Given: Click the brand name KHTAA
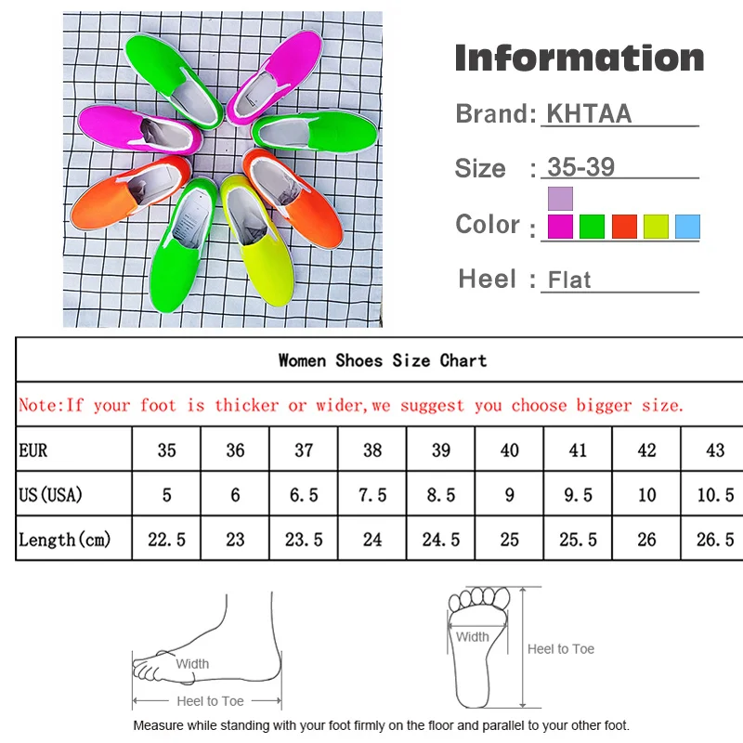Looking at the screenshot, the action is pos(589,113).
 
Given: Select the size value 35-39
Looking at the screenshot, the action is pos(581,167).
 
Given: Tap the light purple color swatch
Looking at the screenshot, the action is pos(560,198).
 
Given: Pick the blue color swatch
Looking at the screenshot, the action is pos(687,227).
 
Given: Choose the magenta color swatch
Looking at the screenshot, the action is pos(560,227).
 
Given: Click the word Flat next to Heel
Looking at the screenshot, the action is pos(569,280).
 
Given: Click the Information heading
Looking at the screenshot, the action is pos(580,58).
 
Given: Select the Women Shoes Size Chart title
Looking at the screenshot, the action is pos(383,360).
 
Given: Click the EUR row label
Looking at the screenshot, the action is pos(33,450).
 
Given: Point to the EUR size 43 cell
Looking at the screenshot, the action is pos(715,450).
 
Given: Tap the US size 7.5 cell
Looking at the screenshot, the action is pos(372,495).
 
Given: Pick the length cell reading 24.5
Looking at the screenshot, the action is pos(441,540).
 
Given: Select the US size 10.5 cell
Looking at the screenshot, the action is pos(715,495).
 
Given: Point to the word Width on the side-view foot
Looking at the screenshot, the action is pos(192,664).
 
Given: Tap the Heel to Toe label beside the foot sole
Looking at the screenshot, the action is pos(561,649).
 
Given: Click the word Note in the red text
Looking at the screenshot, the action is pos(38,405).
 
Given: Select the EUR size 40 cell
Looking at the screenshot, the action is pos(510,450).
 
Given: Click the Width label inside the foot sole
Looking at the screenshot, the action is pos(472,637).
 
